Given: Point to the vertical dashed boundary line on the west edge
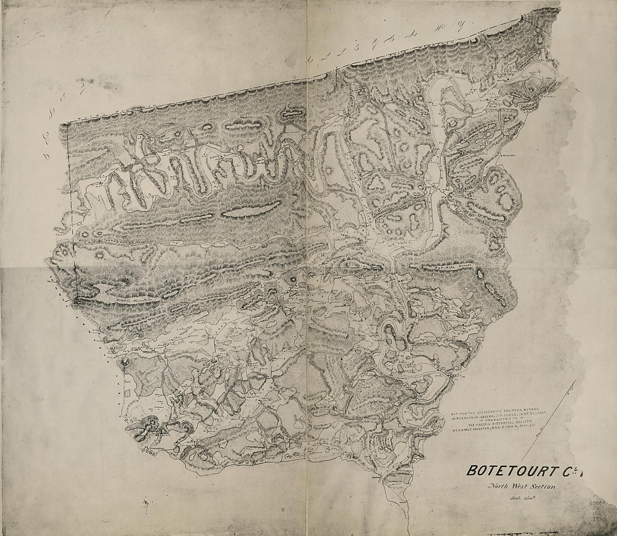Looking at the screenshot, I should click(68, 196).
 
